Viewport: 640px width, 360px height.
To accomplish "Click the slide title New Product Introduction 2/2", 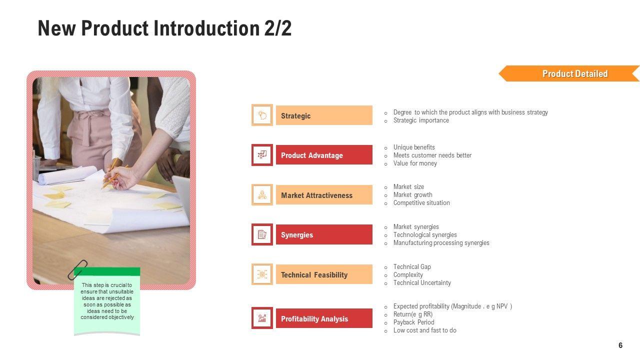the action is [x=164, y=28].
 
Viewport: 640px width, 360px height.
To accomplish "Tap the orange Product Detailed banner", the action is [x=569, y=73].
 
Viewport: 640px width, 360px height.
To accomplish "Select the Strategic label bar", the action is [x=324, y=115].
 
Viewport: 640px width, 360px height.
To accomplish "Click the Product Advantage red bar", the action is [x=324, y=155].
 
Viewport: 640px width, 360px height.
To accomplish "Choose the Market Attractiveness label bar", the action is [x=324, y=195].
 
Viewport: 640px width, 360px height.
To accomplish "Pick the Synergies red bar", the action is [x=324, y=234].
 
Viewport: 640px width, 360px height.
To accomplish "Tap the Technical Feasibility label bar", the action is [x=324, y=274].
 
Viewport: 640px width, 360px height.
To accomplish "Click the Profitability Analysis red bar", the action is [x=324, y=318].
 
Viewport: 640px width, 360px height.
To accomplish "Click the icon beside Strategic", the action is [x=262, y=115].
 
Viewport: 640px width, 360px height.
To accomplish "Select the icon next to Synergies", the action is [x=262, y=234].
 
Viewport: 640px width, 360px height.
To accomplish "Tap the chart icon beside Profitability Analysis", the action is [x=262, y=318].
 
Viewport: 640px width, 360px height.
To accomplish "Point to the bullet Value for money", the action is [x=415, y=163].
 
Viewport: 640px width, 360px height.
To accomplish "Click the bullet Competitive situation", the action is [x=421, y=203].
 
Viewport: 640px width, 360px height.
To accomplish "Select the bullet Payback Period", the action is [x=413, y=322].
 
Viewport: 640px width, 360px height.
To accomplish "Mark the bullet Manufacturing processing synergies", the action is [x=441, y=243].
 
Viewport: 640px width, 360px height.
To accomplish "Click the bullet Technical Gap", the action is [x=412, y=267].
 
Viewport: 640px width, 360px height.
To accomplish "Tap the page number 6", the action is [x=620, y=345].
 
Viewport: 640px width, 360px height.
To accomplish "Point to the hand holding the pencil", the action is [x=121, y=178].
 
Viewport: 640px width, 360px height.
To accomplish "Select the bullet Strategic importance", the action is [x=421, y=120].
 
